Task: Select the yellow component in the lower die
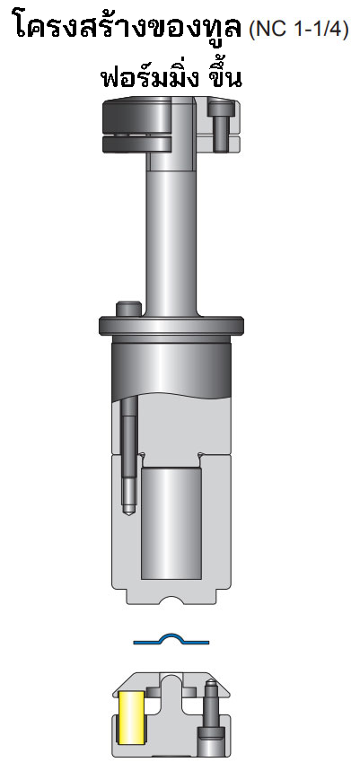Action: [x=131, y=716]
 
